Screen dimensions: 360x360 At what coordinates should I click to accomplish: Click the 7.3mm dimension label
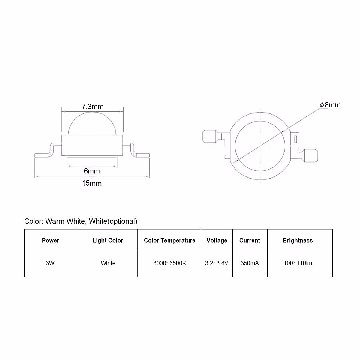point(93,107)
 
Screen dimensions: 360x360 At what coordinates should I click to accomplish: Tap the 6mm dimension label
point(92,171)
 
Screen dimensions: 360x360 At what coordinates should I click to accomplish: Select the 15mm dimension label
point(92,183)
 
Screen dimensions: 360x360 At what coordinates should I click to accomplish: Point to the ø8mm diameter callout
point(330,105)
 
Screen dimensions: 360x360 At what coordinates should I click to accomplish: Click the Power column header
point(50,240)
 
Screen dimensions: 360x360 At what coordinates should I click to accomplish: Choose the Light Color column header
point(108,241)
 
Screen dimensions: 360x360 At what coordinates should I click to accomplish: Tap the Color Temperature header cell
point(169,241)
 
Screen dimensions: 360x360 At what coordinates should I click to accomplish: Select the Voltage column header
point(217,241)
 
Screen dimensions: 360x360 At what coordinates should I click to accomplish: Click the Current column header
point(250,241)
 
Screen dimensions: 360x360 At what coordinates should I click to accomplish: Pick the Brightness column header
point(298,241)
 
